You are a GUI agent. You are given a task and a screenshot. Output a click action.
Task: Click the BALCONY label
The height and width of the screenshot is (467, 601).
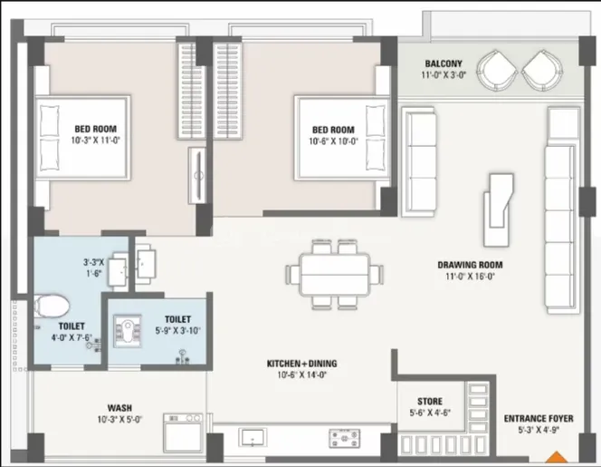point(444,63)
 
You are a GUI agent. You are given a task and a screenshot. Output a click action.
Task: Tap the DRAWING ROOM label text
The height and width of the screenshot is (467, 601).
point(470,265)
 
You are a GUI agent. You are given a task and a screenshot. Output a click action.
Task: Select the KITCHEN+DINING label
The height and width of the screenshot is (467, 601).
point(302,364)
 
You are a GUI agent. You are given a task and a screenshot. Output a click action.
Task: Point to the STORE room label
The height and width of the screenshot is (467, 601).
point(430,402)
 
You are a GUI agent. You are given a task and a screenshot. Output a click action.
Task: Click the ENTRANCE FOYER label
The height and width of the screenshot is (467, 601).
point(539,418)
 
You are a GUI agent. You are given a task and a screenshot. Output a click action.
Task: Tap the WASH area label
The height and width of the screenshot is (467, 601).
point(119,408)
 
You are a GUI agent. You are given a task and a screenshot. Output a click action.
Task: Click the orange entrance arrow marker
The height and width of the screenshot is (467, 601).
point(556,457)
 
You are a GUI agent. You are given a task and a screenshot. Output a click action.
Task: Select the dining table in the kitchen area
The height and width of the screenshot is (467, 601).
point(335,274)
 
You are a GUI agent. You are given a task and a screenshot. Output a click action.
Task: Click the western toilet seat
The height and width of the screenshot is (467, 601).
point(51,306)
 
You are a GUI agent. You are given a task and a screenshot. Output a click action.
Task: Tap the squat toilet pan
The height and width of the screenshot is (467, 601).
point(128,331)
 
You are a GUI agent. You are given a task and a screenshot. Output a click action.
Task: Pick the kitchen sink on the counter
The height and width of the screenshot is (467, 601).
point(253,437)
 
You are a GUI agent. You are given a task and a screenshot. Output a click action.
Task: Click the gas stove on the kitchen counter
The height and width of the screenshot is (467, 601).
point(345,439)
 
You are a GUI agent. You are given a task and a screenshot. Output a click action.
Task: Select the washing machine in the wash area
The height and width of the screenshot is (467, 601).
point(183,433)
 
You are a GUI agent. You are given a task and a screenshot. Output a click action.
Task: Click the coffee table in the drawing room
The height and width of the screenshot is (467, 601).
point(498,209)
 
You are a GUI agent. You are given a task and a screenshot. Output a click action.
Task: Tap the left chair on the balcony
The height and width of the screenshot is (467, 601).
point(497,71)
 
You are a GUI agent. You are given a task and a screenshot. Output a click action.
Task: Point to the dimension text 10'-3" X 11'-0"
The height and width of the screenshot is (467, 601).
point(95,141)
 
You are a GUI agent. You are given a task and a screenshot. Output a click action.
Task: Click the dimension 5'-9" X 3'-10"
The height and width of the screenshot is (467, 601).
point(177,330)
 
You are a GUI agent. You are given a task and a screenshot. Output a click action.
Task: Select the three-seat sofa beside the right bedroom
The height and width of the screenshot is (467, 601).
point(418,162)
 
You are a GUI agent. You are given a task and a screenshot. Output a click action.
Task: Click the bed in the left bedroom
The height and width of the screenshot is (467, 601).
point(82,137)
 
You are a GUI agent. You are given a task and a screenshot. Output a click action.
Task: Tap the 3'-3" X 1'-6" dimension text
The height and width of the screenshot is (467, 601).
point(94,268)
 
